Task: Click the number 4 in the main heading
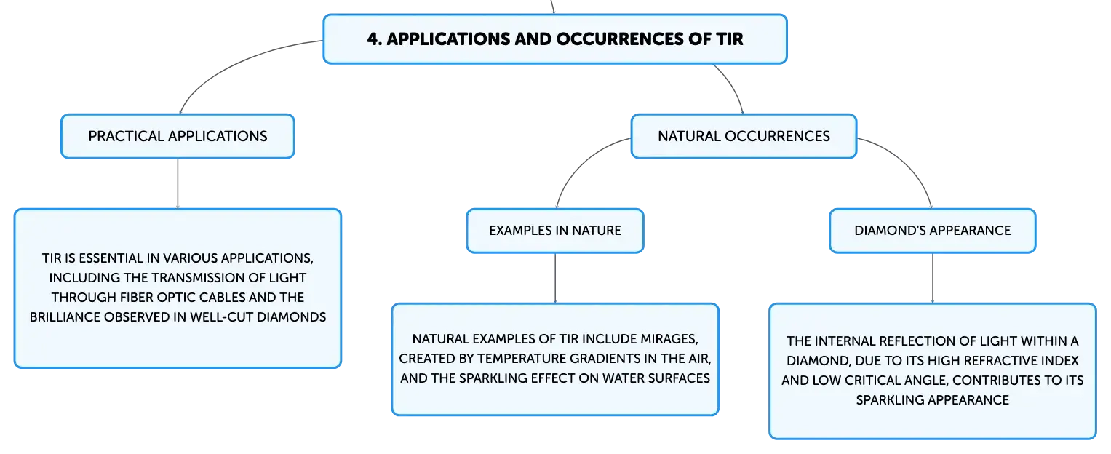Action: coord(373,39)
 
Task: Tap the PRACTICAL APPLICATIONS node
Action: coord(178,137)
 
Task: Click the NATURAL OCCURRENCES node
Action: coord(744,137)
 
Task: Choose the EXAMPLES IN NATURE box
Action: coord(555,231)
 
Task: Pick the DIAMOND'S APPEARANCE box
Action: coord(933,231)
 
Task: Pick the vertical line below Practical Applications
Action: coord(178,183)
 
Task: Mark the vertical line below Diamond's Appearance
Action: coord(933,279)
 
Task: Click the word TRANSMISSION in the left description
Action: coord(198,278)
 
